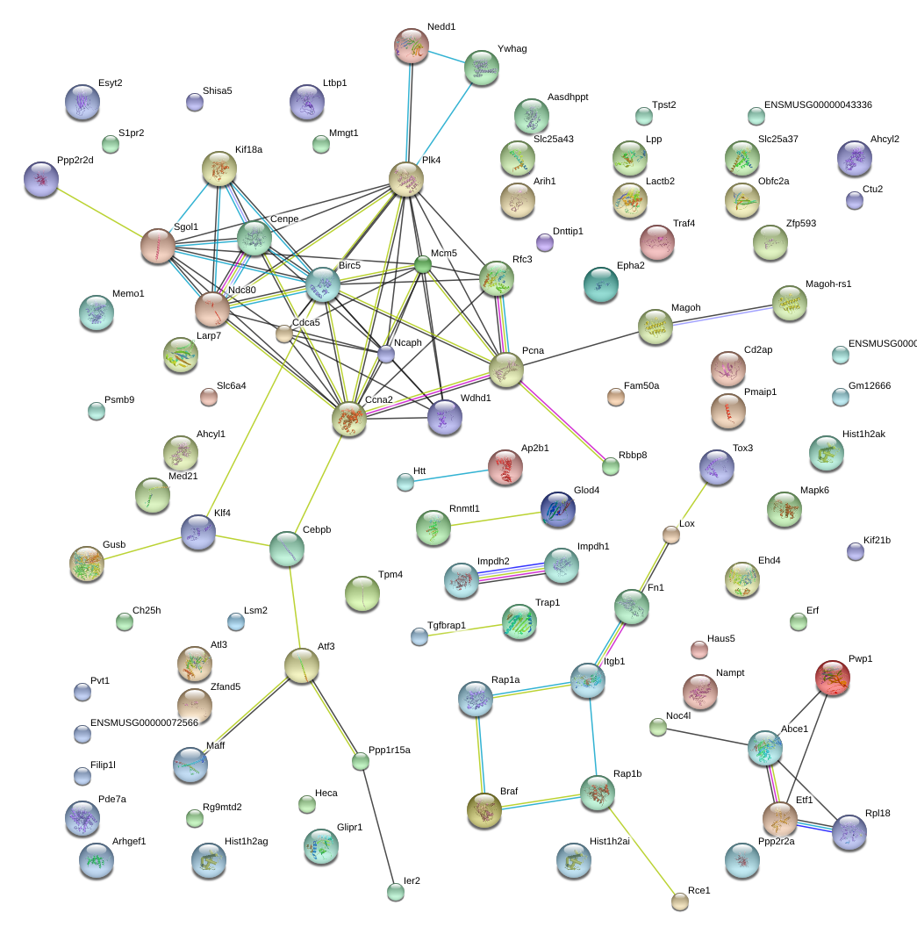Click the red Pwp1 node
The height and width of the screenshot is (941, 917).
pos(832,679)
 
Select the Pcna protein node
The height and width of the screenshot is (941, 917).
pos(506,370)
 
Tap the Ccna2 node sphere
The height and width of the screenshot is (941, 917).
pos(349,420)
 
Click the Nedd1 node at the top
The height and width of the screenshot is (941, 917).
pos(412,46)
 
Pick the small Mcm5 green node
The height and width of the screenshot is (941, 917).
pos(423,263)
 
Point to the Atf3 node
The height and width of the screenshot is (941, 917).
pos(301,666)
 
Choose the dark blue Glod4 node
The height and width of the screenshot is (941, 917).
pos(557,509)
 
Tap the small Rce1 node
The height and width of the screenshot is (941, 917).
pos(680,901)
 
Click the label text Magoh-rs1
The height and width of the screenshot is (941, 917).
pos(828,284)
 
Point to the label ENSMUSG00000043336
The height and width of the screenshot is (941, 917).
pos(818,104)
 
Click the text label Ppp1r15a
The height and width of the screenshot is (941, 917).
pos(390,750)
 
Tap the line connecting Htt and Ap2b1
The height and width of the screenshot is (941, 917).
pos(451,475)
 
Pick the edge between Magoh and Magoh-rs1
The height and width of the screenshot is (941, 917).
pos(718,315)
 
